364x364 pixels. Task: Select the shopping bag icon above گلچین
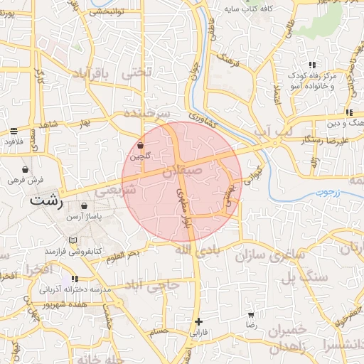140,145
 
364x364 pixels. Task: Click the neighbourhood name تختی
137,73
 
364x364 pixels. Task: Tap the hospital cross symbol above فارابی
199,321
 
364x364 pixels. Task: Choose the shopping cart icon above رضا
250,314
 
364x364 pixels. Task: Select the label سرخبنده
146,113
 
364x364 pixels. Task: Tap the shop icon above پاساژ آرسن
85,206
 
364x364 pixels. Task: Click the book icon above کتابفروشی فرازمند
73,240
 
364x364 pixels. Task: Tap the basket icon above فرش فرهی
26,170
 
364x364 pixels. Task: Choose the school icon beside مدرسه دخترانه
74,279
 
